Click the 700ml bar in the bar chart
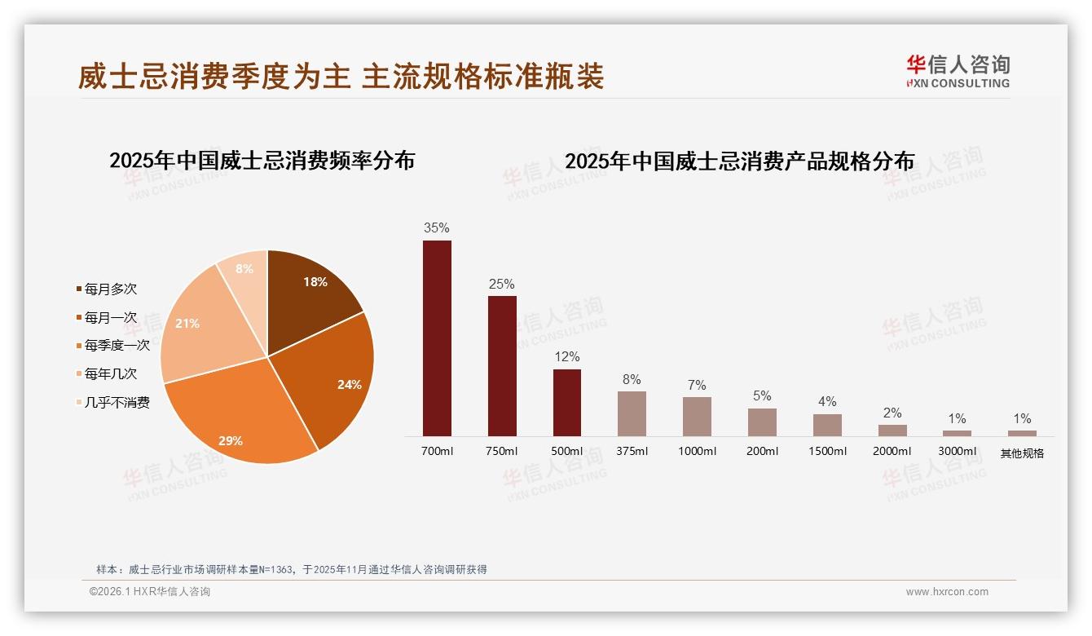pyautogui.click(x=437, y=338)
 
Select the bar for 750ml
pyautogui.click(x=502, y=366)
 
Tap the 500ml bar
pyautogui.click(x=567, y=403)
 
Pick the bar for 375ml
pyautogui.click(x=632, y=413)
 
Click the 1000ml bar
pyautogui.click(x=697, y=417)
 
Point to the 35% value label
pyautogui.click(x=437, y=227)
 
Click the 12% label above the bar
pyautogui.click(x=567, y=356)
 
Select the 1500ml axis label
pyautogui.click(x=827, y=452)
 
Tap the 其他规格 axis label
pyautogui.click(x=1022, y=453)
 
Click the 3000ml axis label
pyautogui.click(x=958, y=452)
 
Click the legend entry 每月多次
pyautogui.click(x=110, y=289)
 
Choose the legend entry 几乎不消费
pyautogui.click(x=117, y=403)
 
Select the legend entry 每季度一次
pyautogui.click(x=117, y=346)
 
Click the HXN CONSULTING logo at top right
pyautogui.click(x=958, y=72)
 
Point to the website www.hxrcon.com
pyautogui.click(x=947, y=592)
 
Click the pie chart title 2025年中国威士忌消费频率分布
pyautogui.click(x=262, y=161)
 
